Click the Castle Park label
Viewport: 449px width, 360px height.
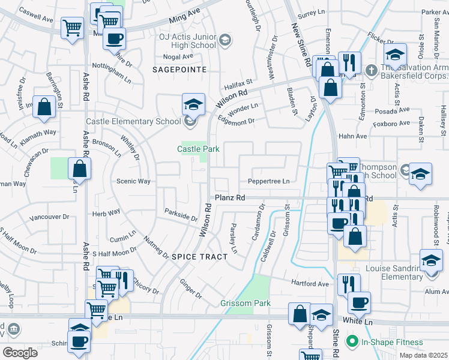coord(198,149)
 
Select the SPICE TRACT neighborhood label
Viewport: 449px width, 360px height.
coord(200,257)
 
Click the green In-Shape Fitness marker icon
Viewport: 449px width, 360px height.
coord(352,343)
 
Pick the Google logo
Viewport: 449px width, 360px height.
coord(20,352)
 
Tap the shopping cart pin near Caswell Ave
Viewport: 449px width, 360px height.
coord(72,28)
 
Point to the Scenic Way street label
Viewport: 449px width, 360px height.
coord(133,181)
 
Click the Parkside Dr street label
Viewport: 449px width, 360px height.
coord(181,215)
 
